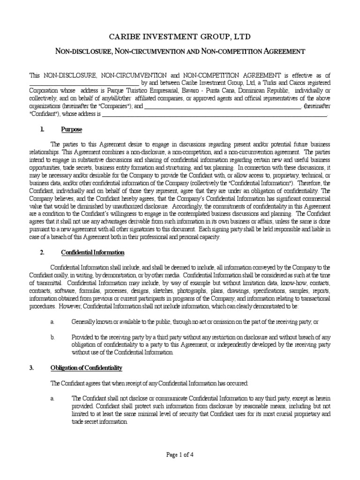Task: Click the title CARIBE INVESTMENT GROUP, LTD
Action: click(180, 37)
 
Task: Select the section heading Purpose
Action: click(71, 129)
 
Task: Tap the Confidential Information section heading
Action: click(93, 253)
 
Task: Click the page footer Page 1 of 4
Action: click(180, 454)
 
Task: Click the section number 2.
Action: click(42, 253)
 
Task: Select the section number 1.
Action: click(42, 129)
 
